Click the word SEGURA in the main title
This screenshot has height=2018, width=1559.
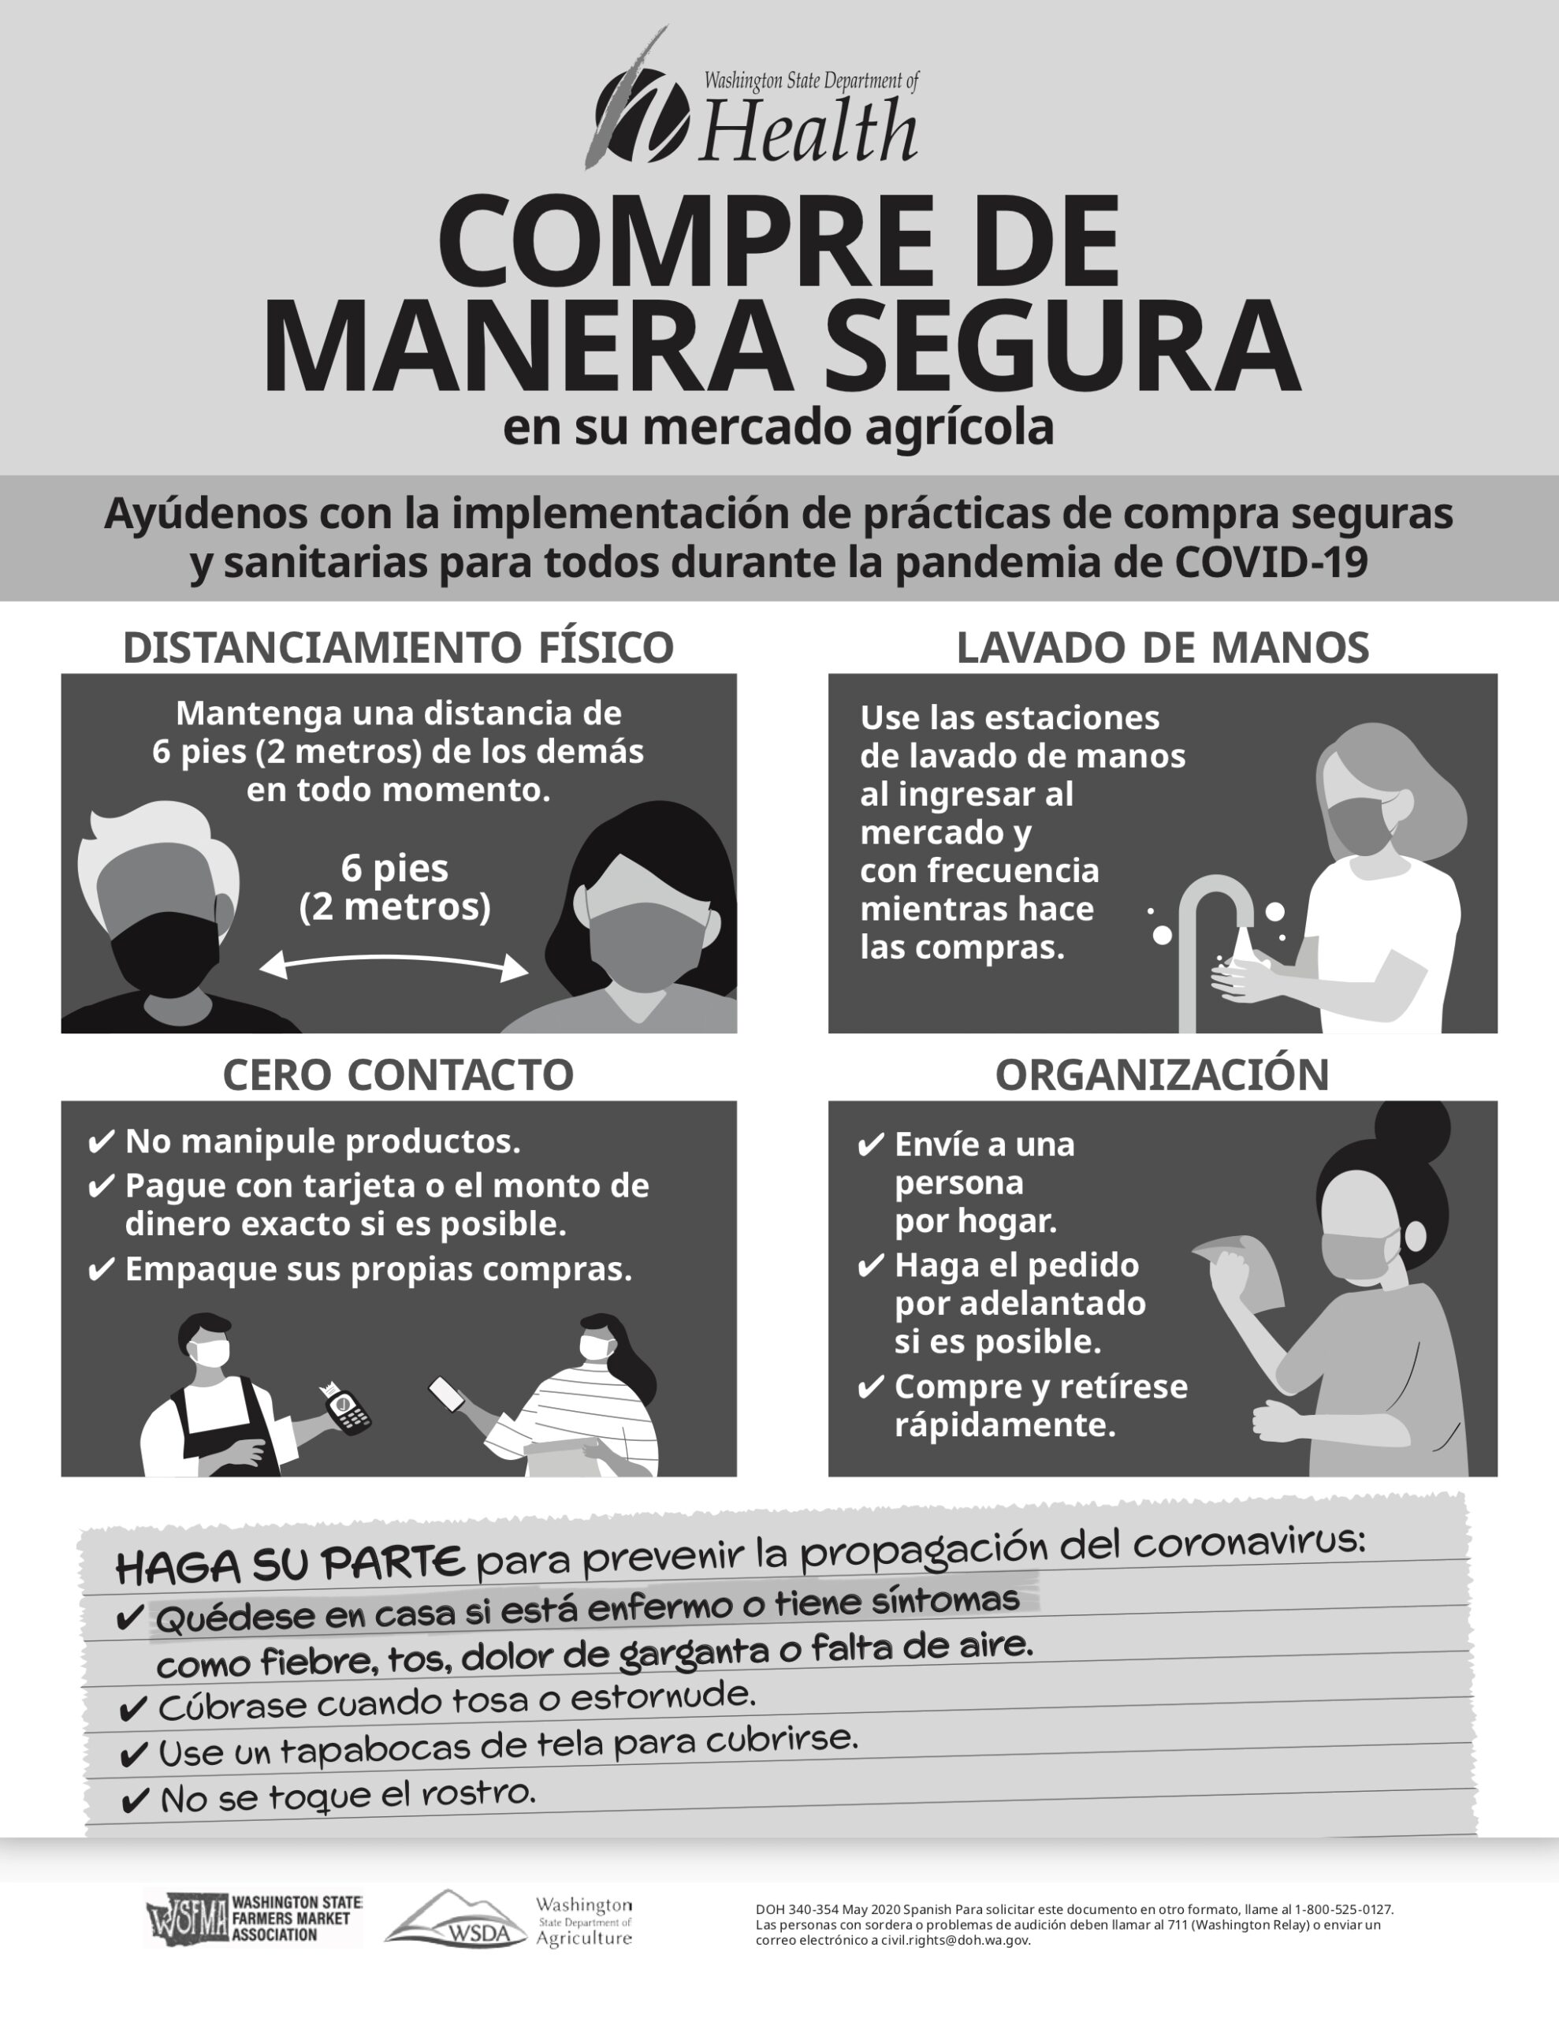tap(1061, 345)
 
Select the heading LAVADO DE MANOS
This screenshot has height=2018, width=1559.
tap(1163, 647)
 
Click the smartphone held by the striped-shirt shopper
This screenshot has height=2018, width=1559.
tap(447, 1394)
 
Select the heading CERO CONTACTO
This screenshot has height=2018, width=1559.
tap(398, 1074)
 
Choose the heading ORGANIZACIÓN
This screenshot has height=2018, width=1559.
tap(1162, 1074)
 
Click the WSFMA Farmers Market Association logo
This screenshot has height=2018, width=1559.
tap(254, 1919)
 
